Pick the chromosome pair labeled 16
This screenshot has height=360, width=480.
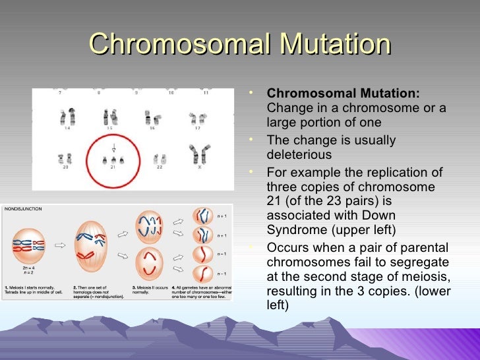(153, 119)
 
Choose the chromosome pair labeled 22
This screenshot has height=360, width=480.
(159, 158)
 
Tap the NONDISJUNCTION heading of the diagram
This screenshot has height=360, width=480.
(23, 208)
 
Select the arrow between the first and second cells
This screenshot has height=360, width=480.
(59, 245)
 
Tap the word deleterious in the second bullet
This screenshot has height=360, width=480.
(299, 155)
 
